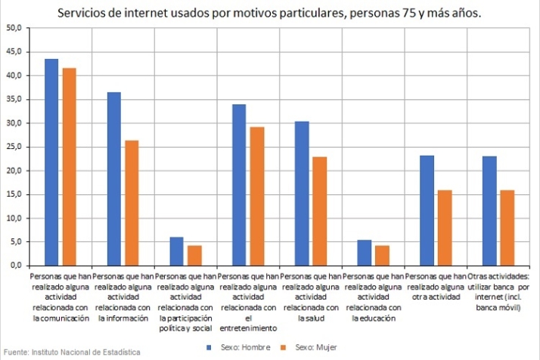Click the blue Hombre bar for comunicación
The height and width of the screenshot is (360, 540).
(51, 162)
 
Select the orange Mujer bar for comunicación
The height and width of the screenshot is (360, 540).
(69, 166)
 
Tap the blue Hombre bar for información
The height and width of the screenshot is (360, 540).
(114, 178)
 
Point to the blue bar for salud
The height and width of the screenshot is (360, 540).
(302, 193)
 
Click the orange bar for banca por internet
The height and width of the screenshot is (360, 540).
(507, 228)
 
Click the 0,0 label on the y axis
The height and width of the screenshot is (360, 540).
(16, 265)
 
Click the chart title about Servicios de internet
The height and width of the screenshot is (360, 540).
(270, 13)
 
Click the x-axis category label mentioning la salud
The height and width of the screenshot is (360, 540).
(311, 297)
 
